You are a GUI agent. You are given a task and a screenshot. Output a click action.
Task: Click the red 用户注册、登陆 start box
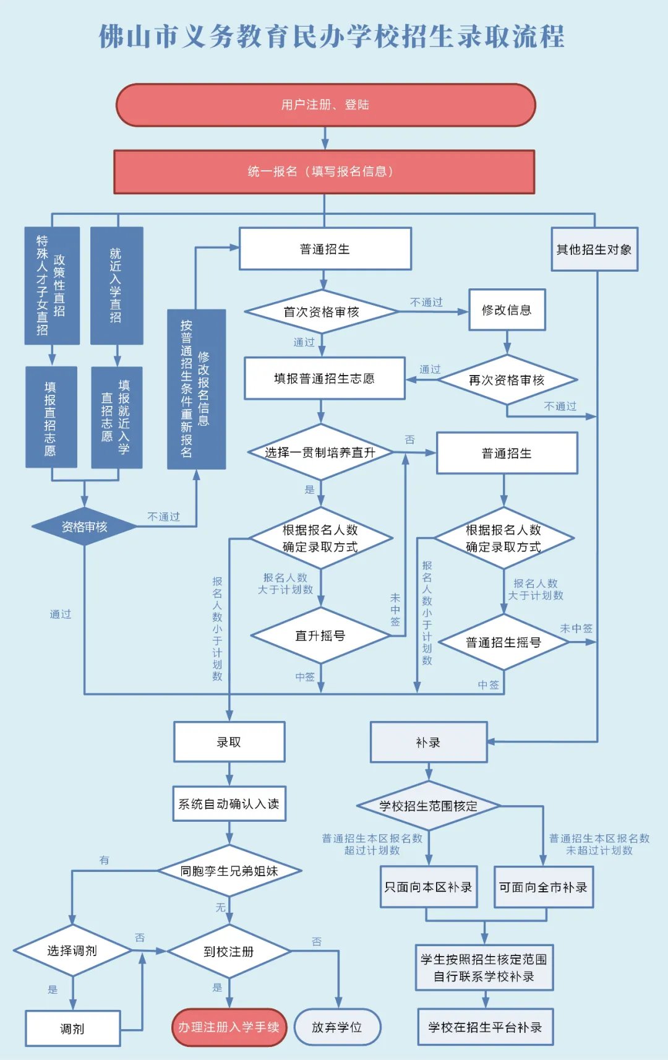[325, 105]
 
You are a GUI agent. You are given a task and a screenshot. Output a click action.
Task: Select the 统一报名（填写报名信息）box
[324, 171]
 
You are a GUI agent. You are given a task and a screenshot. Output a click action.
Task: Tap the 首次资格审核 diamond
[321, 312]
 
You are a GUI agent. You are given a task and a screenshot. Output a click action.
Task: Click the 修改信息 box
[507, 310]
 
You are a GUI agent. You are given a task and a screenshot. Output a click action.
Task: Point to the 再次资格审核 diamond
[507, 380]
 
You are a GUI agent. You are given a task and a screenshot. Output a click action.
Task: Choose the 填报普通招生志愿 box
[324, 378]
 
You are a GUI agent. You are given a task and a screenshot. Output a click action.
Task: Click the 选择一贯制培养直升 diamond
[320, 452]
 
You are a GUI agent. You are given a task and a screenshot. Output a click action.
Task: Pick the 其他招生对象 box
[594, 249]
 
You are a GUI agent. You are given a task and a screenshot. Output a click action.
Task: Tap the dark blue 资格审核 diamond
[84, 527]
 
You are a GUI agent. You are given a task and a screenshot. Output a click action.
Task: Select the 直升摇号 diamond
[320, 636]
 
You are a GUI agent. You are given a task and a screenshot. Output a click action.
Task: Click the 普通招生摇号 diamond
[503, 642]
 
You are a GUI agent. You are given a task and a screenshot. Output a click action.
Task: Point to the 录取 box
[229, 742]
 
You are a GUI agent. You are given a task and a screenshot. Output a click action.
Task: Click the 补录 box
[429, 742]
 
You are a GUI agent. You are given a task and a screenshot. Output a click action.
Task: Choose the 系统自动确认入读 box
[229, 804]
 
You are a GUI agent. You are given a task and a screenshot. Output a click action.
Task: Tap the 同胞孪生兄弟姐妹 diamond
[229, 871]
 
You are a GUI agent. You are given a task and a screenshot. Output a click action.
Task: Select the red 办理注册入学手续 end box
[229, 1027]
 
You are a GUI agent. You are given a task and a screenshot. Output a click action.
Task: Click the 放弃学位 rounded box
[337, 1027]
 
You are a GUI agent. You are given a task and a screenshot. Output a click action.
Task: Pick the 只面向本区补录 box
[429, 887]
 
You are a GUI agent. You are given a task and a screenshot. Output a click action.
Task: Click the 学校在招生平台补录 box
[485, 1027]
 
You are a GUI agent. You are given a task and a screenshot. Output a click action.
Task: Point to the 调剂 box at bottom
[72, 1028]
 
